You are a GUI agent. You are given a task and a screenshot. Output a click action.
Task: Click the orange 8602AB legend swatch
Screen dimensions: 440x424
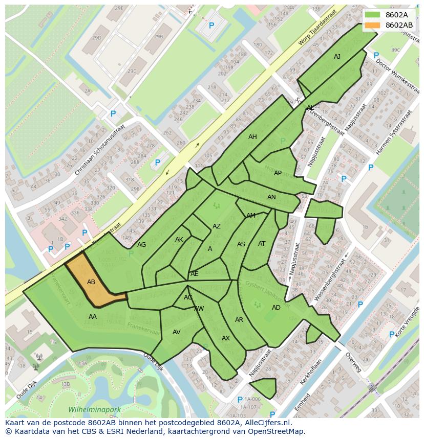373,25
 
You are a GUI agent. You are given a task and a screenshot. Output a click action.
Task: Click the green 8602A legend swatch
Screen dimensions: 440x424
373,15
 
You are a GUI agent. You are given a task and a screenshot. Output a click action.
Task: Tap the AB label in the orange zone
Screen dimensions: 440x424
91,282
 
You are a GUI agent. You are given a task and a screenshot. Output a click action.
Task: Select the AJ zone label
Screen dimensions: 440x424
337,57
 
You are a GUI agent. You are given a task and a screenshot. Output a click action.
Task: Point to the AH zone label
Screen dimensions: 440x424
252,137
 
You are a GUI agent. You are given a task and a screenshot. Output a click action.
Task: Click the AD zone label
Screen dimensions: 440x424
276,308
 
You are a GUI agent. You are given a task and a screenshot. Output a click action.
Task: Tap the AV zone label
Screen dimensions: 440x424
177,332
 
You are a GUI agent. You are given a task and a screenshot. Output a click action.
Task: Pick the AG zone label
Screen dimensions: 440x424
142,245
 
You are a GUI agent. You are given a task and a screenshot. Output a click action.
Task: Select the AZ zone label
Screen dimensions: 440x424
217,226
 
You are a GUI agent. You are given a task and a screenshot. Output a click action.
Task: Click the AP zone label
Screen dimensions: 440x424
278,173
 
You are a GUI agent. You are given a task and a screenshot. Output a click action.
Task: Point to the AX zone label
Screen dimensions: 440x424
226,338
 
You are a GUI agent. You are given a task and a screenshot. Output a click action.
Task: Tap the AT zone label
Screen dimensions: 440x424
262,244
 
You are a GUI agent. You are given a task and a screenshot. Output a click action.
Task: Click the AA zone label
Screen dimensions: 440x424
93,317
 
